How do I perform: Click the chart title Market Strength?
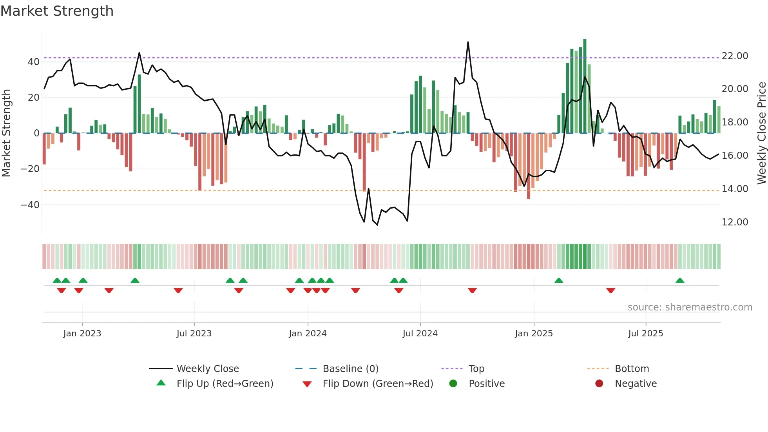(57, 11)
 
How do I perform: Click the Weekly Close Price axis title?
(761, 133)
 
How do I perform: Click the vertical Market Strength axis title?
(6, 133)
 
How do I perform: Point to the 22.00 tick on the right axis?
(735, 56)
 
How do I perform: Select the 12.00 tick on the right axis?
(735, 222)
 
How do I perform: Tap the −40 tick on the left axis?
(30, 205)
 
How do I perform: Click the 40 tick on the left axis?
(33, 62)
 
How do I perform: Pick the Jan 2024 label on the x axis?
(308, 334)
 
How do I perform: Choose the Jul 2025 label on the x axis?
(645, 334)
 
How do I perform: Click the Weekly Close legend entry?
(207, 369)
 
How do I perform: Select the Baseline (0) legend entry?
(350, 369)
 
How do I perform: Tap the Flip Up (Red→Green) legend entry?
(225, 384)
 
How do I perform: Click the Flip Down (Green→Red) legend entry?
(378, 384)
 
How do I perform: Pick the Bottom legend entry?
(632, 369)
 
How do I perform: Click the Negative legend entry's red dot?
(599, 384)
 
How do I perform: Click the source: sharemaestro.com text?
(690, 307)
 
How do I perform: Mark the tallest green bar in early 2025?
(585, 86)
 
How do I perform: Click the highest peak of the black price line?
(468, 43)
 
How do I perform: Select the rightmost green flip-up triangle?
(680, 281)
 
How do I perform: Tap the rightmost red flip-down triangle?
(610, 290)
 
